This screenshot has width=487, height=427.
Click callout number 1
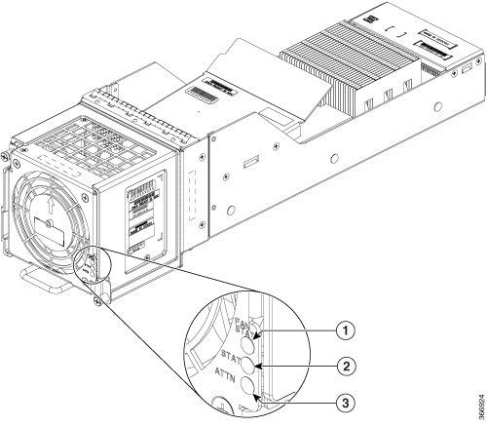coord(344,329)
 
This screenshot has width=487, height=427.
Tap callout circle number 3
coord(344,403)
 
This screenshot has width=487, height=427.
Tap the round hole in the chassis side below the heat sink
coord(337,155)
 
